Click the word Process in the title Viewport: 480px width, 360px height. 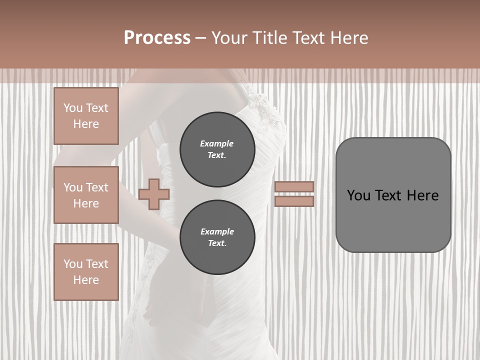point(157,37)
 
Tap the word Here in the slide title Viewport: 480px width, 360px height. point(347,37)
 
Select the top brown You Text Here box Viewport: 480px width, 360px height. point(86,116)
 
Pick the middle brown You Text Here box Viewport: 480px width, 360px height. point(86,195)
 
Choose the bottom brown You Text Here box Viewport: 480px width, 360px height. point(86,272)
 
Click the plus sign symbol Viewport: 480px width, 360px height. point(153,194)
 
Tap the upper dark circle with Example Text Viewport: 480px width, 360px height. point(217,149)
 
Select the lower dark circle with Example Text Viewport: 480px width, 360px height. point(217,237)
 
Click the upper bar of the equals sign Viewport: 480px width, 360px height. point(294,186)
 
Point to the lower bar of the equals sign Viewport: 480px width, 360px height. point(294,201)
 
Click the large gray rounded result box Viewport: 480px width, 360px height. point(393,220)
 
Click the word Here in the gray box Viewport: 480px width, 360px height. point(422,195)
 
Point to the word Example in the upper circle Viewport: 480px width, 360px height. point(216,143)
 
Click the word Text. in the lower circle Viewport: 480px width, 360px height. point(217,243)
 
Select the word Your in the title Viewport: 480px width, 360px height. point(228,37)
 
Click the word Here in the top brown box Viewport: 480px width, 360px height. point(86,124)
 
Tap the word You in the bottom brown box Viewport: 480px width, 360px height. point(73,264)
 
